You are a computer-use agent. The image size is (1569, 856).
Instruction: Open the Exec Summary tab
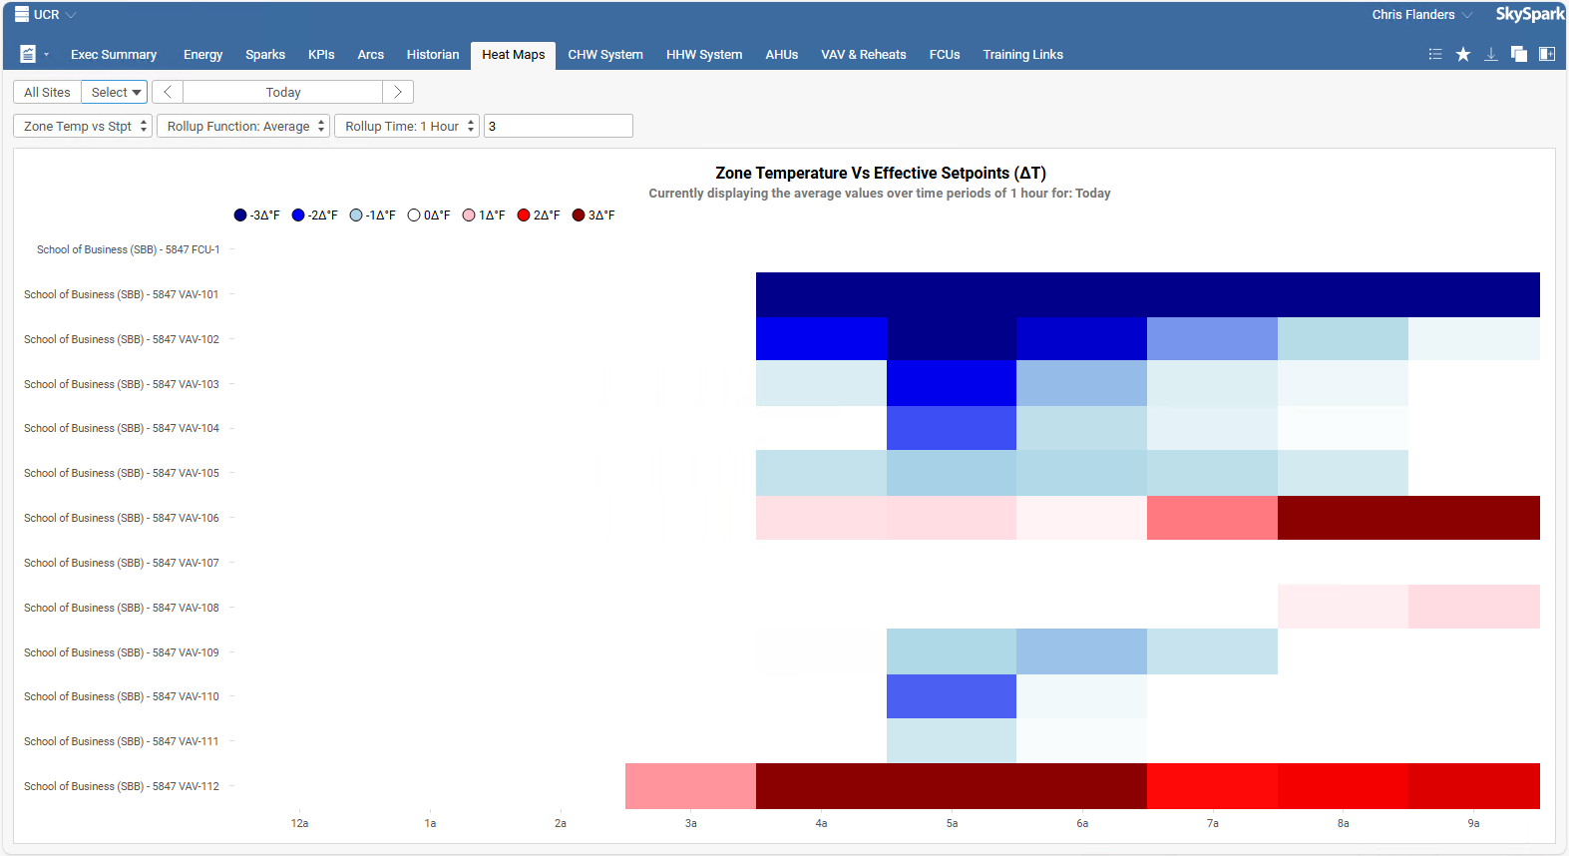pyautogui.click(x=113, y=55)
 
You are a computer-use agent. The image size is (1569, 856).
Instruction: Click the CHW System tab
pyautogui.click(x=604, y=55)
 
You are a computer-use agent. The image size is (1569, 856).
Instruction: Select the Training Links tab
pyautogui.click(x=1022, y=55)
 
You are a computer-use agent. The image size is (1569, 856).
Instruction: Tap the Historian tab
pyautogui.click(x=432, y=55)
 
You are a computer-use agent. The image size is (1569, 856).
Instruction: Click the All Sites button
pyautogui.click(x=47, y=93)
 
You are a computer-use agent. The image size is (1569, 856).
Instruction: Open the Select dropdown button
pyautogui.click(x=115, y=93)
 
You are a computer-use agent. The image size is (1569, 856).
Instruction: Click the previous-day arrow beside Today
pyautogui.click(x=168, y=93)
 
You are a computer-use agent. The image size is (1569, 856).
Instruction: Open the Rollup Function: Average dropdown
pyautogui.click(x=243, y=127)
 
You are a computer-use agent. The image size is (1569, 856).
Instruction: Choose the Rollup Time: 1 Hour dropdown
pyautogui.click(x=407, y=127)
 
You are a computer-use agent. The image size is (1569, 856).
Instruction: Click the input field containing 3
pyautogui.click(x=558, y=127)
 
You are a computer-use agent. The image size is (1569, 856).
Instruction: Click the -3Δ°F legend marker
pyautogui.click(x=240, y=215)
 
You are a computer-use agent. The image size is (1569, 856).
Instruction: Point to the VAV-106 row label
pyautogui.click(x=121, y=519)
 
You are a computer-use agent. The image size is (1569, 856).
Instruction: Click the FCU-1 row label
pyautogui.click(x=128, y=250)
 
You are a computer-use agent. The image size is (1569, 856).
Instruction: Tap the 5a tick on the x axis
pyautogui.click(x=952, y=823)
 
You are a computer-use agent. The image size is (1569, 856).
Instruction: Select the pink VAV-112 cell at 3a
pyautogui.click(x=690, y=786)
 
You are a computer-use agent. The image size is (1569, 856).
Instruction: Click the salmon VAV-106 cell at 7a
pyautogui.click(x=1212, y=518)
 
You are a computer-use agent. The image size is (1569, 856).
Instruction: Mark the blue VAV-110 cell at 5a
pyautogui.click(x=952, y=696)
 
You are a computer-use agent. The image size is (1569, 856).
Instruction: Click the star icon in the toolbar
pyautogui.click(x=1463, y=55)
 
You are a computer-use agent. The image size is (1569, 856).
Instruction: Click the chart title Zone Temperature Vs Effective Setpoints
pyautogui.click(x=880, y=174)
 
